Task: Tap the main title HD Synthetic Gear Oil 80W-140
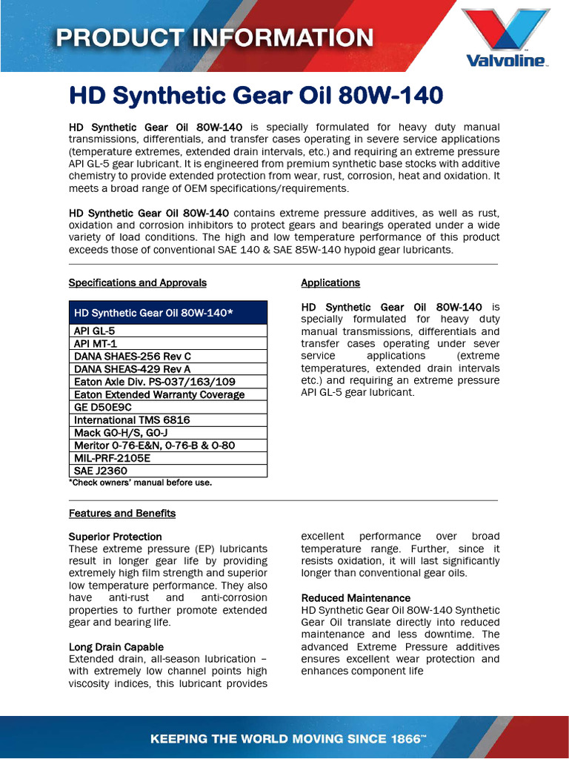(256, 96)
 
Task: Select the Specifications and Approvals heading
(138, 282)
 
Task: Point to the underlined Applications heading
(330, 282)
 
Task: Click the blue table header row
(168, 313)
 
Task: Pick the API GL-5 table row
(168, 331)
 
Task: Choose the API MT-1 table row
(168, 344)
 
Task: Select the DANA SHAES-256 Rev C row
(168, 357)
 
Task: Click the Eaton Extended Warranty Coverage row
(168, 394)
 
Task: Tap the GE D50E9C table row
(168, 407)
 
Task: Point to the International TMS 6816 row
(168, 420)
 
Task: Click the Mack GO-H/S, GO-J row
(168, 432)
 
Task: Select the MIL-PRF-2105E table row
(168, 457)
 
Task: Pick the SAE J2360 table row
(168, 470)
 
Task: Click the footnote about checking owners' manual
(141, 483)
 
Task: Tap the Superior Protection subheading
(116, 536)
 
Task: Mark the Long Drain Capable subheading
(116, 646)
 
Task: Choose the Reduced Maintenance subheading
(356, 597)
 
